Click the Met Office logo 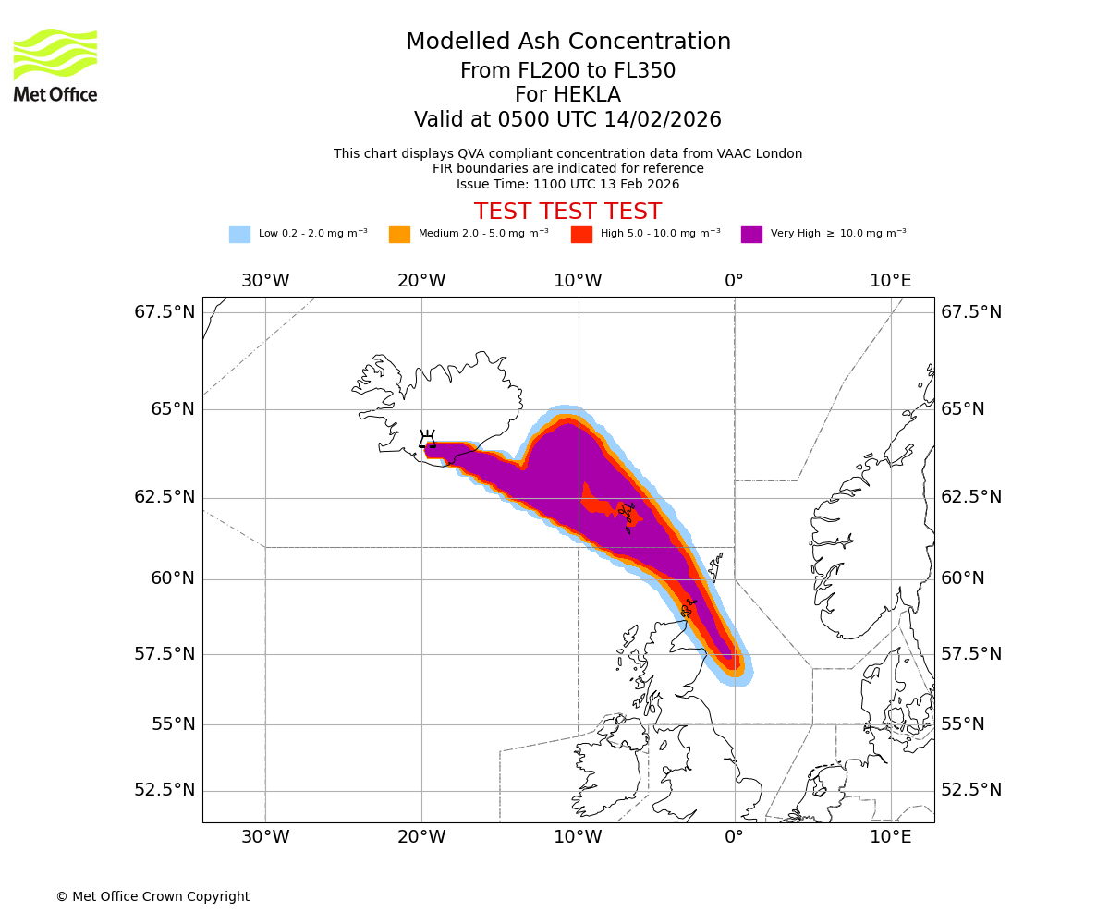pos(55,65)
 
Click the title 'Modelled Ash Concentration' pos(567,43)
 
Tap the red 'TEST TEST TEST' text pos(567,212)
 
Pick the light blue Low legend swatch pos(239,234)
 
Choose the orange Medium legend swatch pos(399,234)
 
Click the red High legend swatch pos(581,234)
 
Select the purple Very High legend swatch pos(751,234)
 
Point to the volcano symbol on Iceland pos(427,440)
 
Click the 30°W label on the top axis pos(265,280)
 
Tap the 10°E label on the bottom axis pos(891,838)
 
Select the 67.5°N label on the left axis pos(165,312)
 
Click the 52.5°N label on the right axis pos(971,790)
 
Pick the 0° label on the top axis pos(735,280)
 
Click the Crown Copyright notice pos(152,896)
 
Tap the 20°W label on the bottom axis pos(422,838)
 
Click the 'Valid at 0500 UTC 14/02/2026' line pos(567,120)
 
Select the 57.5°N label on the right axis pos(971,654)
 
